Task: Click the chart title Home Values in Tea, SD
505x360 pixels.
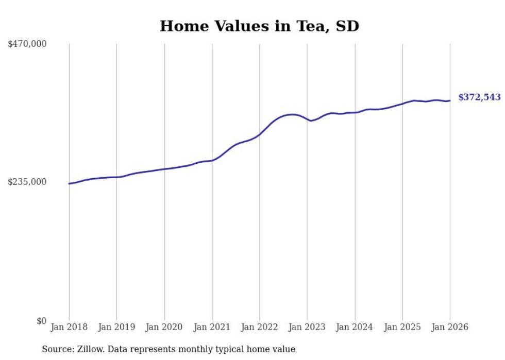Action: [259, 26]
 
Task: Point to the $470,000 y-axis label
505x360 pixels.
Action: [27, 44]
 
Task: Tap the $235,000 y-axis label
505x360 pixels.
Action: [27, 182]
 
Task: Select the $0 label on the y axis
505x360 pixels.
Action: [41, 321]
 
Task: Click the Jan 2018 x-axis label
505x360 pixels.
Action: [69, 327]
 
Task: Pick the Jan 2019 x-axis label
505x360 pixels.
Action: [116, 327]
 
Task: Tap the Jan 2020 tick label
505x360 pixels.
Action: [164, 327]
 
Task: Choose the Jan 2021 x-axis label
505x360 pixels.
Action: [212, 327]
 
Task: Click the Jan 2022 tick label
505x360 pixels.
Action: [260, 327]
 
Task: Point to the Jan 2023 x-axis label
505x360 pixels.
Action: [307, 327]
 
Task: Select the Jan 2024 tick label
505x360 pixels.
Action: [355, 327]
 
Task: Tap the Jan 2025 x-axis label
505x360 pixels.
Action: [402, 327]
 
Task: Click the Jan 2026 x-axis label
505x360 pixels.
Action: [450, 327]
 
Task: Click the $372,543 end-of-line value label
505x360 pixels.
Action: [479, 97]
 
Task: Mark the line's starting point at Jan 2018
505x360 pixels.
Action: [69, 183]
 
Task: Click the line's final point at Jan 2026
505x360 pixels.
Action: [450, 100]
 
